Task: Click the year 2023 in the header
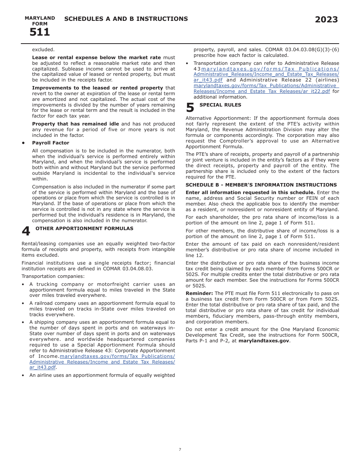[326, 20]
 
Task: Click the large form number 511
[39, 33]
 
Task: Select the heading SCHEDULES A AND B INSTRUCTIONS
[126, 19]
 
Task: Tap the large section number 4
[26, 231]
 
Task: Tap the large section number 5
[190, 108]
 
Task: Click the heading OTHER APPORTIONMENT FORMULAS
[84, 229]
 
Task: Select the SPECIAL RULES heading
[220, 105]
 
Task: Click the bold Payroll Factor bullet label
[50, 143]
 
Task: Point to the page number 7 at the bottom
[180, 450]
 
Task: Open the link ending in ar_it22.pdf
[261, 91]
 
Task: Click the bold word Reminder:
[199, 293]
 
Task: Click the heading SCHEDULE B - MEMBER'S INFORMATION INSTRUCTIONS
[261, 185]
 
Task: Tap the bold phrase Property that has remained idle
[75, 124]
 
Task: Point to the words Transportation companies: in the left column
[53, 276]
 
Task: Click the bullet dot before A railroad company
[23, 303]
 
